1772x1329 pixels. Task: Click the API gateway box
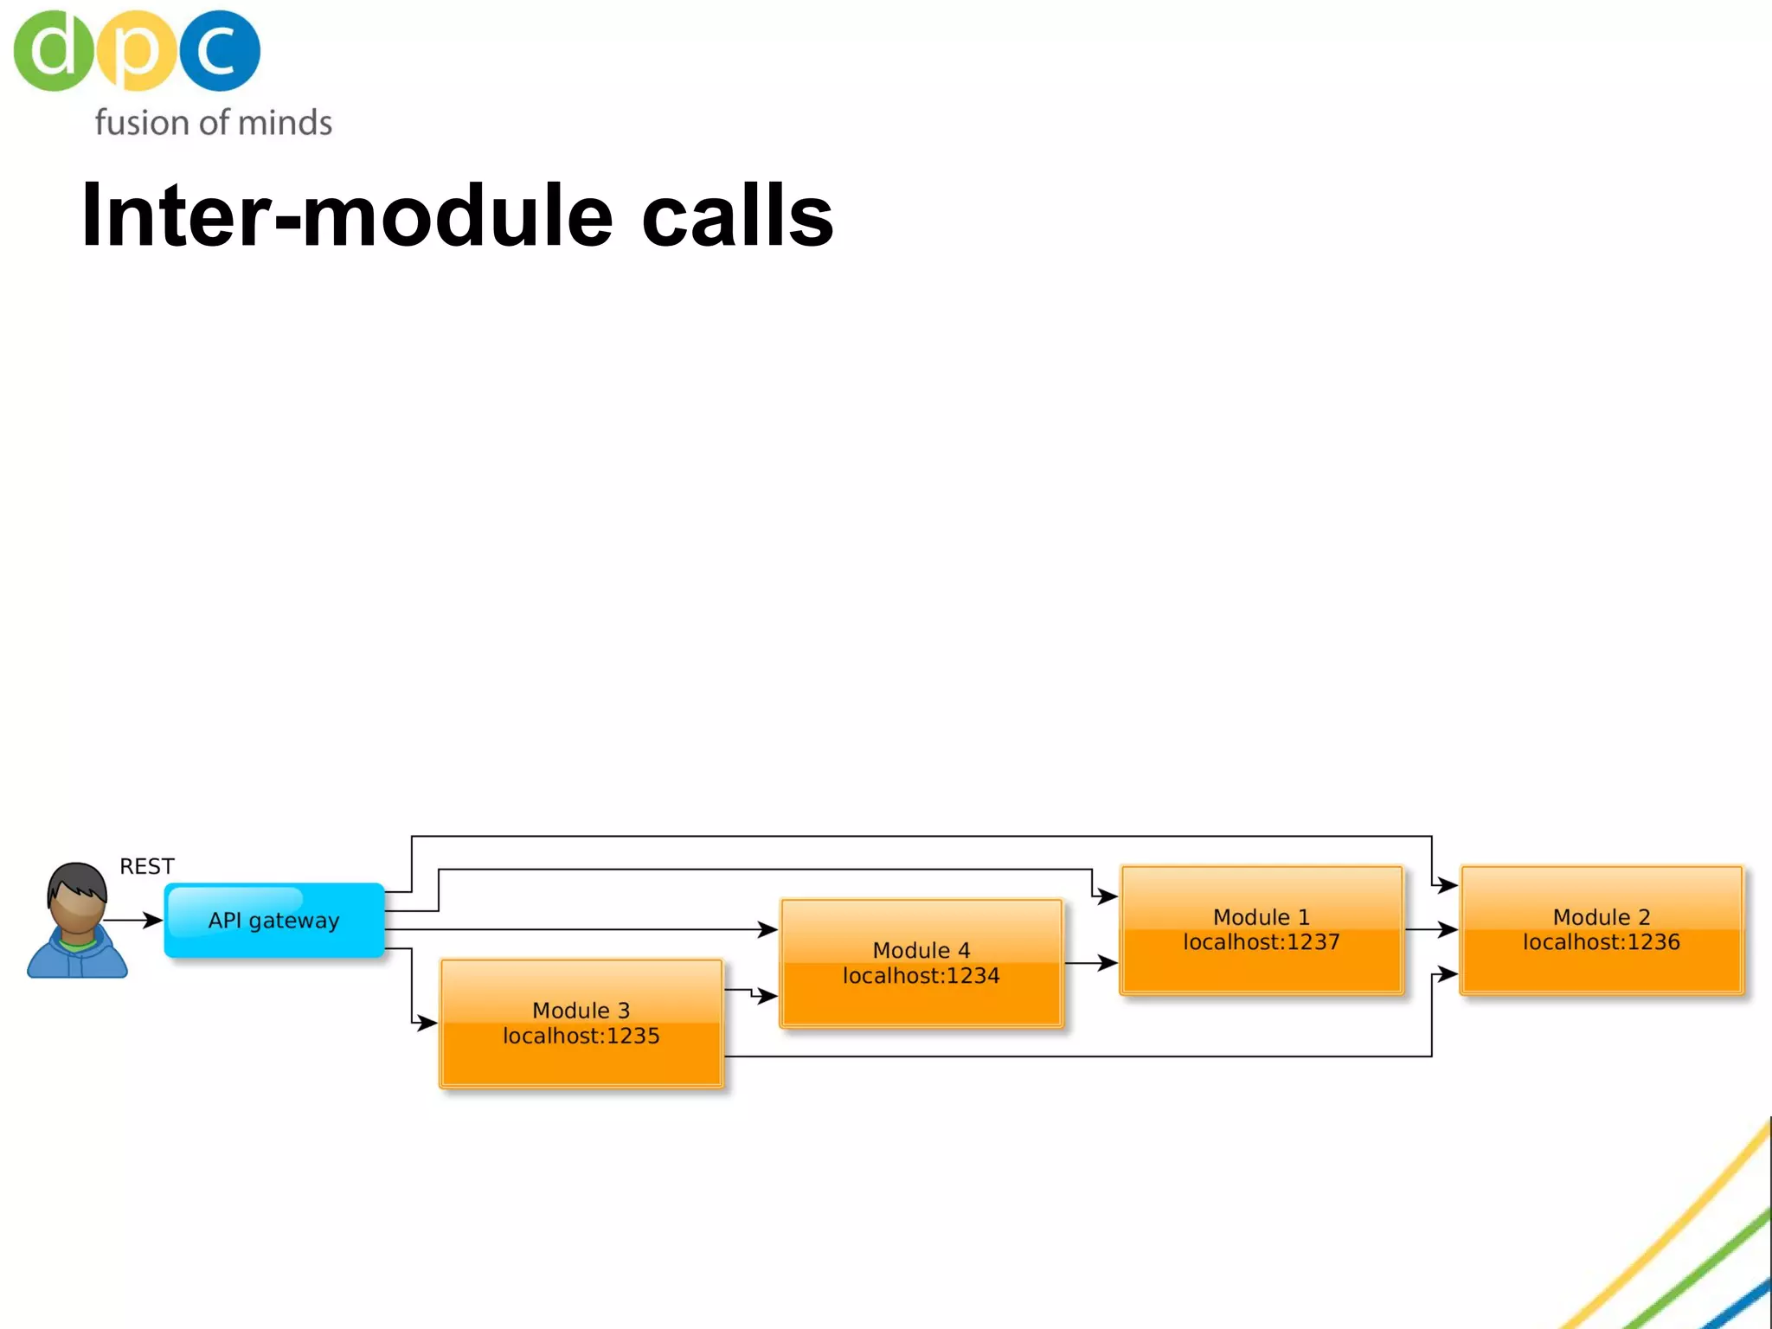coord(274,920)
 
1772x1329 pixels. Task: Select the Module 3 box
coord(581,1024)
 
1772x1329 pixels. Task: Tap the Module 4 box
coord(921,963)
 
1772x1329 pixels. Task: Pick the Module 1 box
coord(1261,930)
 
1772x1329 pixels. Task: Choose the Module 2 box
coord(1601,930)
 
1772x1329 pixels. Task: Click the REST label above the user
coord(147,866)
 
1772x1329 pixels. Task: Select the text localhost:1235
coord(581,1036)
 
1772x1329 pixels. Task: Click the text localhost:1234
coord(921,976)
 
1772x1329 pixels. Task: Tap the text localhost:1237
coord(1261,942)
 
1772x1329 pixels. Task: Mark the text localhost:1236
coord(1601,942)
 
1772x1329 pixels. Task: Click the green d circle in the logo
coord(53,50)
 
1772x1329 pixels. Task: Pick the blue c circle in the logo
coord(220,50)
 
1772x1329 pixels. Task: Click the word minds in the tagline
coord(285,123)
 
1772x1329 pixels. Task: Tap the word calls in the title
coord(737,215)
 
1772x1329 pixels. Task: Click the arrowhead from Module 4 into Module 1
coord(1108,962)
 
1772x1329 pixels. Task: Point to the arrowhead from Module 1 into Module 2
coord(1448,929)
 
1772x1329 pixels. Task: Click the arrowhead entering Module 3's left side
coord(427,1024)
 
